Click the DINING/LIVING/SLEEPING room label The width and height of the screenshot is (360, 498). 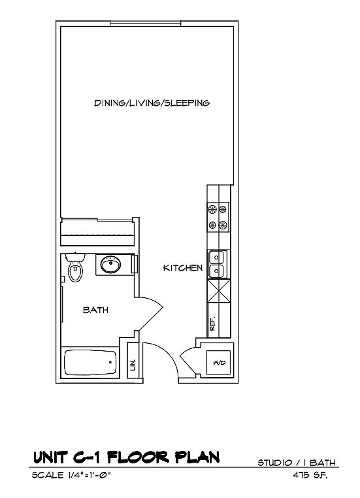tap(152, 103)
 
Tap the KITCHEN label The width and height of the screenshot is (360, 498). tap(183, 268)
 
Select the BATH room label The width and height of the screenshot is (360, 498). tap(95, 310)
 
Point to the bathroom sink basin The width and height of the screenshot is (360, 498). tap(110, 265)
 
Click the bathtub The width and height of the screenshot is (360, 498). tap(90, 362)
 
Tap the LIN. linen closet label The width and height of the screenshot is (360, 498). tap(133, 365)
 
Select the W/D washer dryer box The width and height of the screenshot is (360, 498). tap(219, 362)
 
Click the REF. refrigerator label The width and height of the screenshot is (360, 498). tap(213, 324)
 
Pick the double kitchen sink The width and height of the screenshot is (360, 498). tap(218, 264)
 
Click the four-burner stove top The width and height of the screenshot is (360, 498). tap(218, 217)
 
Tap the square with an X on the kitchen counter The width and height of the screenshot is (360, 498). tap(218, 291)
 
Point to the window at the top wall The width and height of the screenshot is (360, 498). tap(146, 24)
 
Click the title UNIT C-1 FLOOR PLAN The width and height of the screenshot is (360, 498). tap(126, 457)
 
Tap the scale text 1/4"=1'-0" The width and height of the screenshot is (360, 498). tap(90, 475)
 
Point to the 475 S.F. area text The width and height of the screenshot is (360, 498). tap(310, 475)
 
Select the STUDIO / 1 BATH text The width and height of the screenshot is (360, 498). tap(297, 463)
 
